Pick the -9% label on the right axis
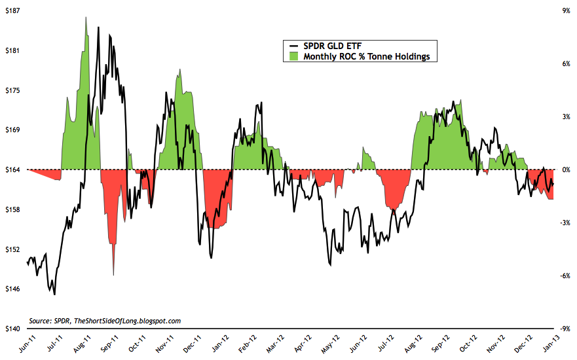pos(561,329)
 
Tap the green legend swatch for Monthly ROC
pos(293,57)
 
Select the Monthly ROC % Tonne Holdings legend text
pos(366,57)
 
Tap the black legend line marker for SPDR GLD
pos(293,46)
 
